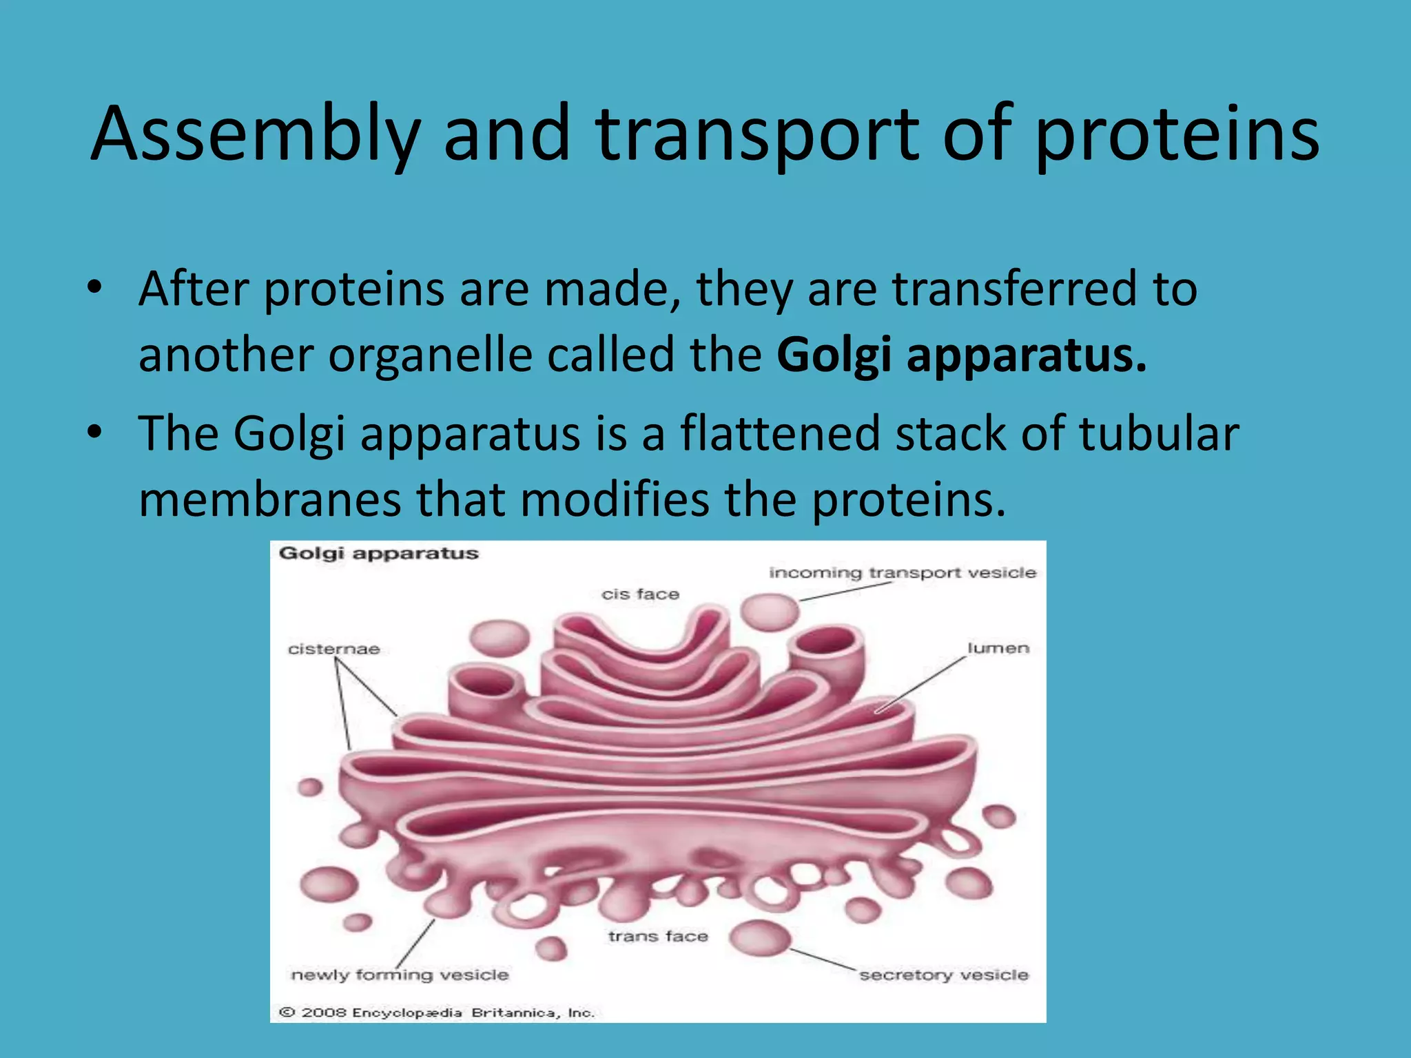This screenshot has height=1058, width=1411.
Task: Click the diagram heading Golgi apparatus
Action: [378, 554]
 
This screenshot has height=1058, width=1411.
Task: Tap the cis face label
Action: [640, 594]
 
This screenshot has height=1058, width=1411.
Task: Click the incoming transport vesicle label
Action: [902, 573]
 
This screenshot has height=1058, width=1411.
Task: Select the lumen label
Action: [998, 648]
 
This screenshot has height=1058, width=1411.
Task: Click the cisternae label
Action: [334, 649]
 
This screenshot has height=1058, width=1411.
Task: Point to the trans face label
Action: [658, 936]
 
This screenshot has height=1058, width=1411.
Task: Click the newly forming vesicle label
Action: [400, 975]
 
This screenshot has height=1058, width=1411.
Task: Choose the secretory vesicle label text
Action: [943, 975]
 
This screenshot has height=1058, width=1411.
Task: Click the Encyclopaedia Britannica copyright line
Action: [436, 1013]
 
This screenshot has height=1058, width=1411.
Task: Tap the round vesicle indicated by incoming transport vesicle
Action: [770, 612]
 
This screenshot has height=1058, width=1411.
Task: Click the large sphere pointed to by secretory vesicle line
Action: [759, 938]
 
